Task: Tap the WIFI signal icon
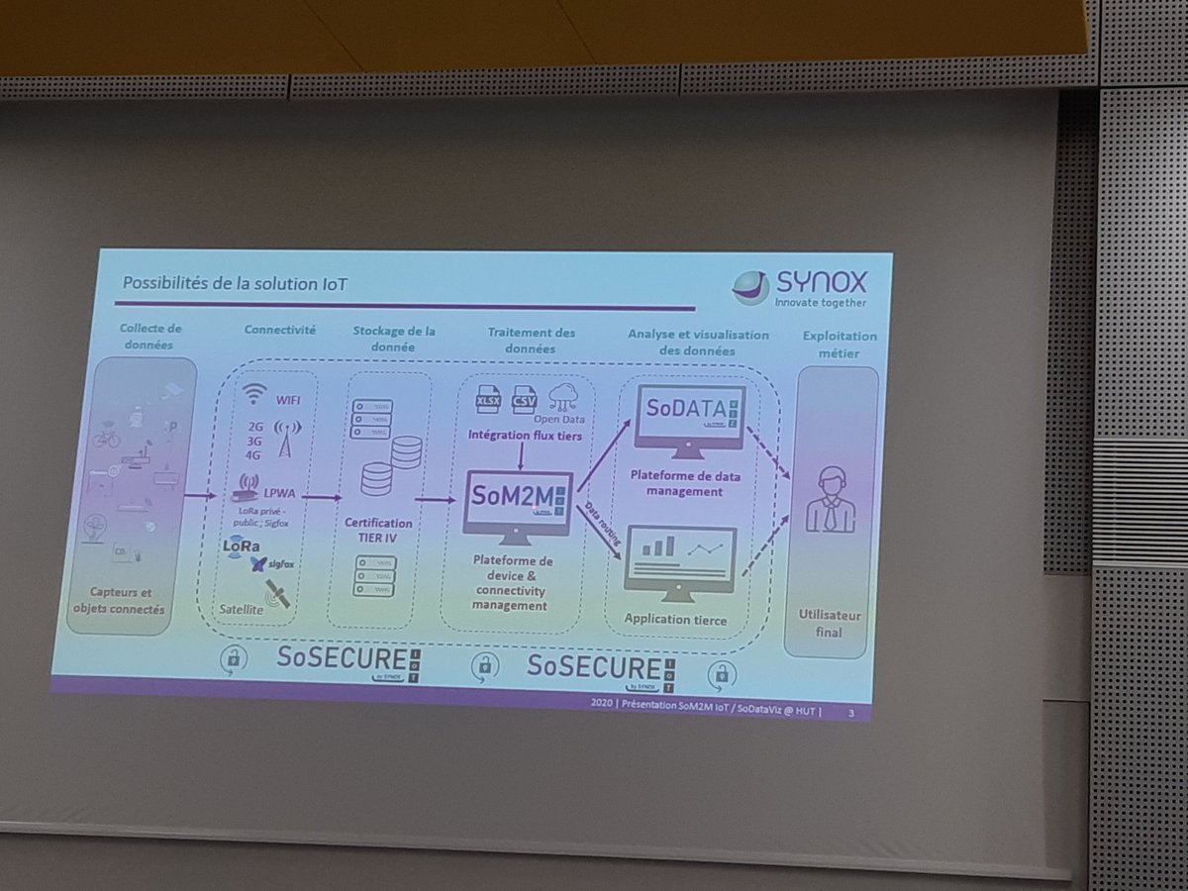[x=256, y=394]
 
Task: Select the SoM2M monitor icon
[x=517, y=505]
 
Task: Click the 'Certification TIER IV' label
[x=379, y=531]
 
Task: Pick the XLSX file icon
[x=488, y=400]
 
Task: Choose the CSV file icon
[x=524, y=401]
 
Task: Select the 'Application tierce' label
[x=675, y=621]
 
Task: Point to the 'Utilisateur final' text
[x=830, y=623]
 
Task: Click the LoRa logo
[x=243, y=545]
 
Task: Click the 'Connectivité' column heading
[x=280, y=330]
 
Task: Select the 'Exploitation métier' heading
[x=840, y=344]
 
